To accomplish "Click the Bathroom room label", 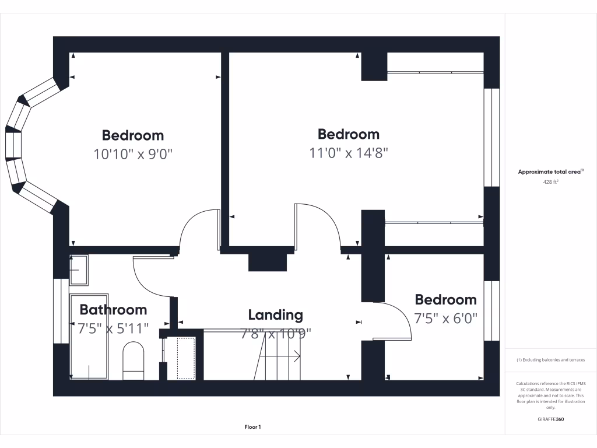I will tap(113, 310).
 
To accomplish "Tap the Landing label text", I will tap(275, 316).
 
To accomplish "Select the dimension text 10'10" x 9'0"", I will tap(133, 154).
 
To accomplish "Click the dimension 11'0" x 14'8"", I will tap(349, 153).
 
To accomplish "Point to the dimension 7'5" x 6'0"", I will tap(445, 318).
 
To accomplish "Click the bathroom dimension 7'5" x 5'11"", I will tap(113, 329).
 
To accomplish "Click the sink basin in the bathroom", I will tap(78, 270).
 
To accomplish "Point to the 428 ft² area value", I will tap(550, 182).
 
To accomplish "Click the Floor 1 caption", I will tap(252, 428).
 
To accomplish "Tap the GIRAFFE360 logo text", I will tap(550, 419).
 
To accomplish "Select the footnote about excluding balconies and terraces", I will tap(550, 360).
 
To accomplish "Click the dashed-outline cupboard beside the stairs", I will tap(185, 358).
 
